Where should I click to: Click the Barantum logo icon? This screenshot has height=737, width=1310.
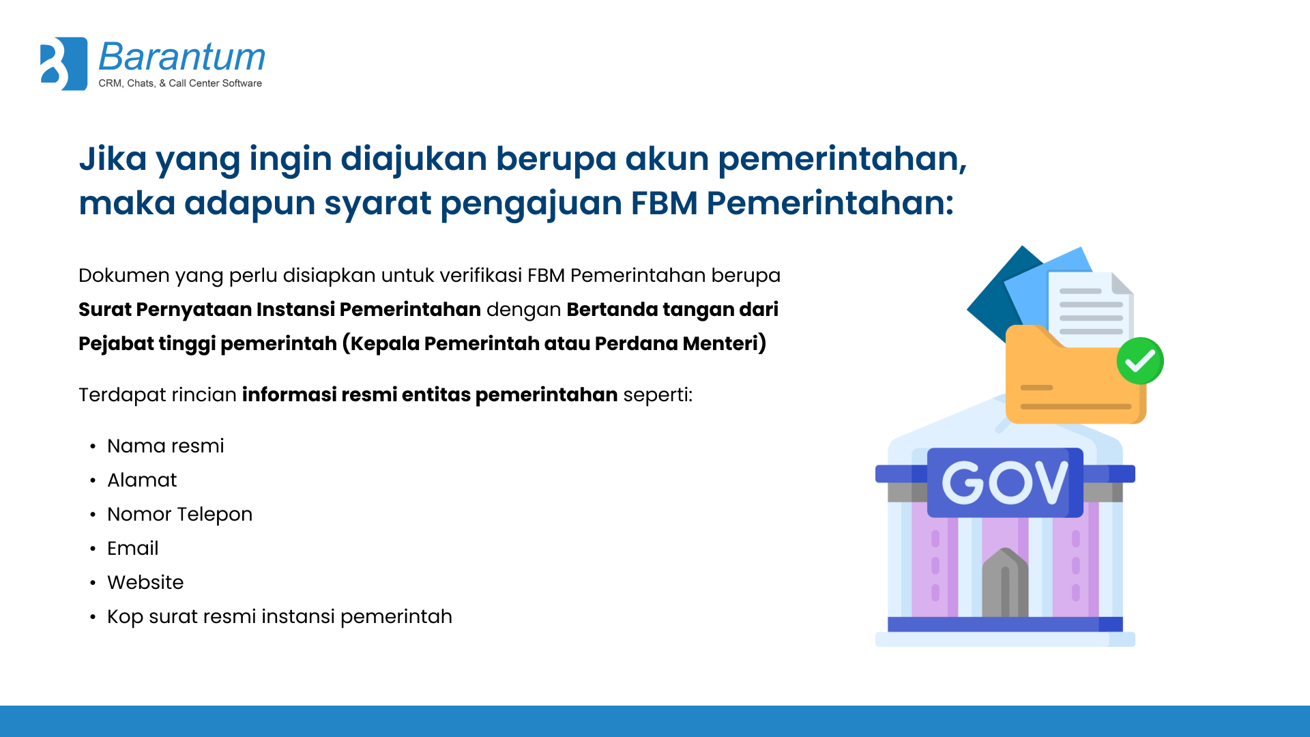coord(63,63)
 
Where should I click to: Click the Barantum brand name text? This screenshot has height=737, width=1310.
coord(182,57)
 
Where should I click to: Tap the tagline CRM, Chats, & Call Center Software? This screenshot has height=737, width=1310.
coord(180,83)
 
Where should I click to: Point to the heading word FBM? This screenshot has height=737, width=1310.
coord(664,203)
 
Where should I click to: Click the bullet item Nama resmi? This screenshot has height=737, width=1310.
coord(166,446)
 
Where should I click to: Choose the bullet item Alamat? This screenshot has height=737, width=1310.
coord(142,480)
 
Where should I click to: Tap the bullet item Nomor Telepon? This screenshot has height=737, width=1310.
coord(180,515)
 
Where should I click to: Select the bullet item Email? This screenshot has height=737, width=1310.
coord(133,548)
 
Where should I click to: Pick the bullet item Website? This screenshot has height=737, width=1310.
coord(145,582)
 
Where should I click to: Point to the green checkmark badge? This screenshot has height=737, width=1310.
coord(1140,361)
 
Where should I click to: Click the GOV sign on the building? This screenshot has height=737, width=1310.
coord(1005,482)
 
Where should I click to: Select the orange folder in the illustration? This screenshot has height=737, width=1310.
coord(1075,375)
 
